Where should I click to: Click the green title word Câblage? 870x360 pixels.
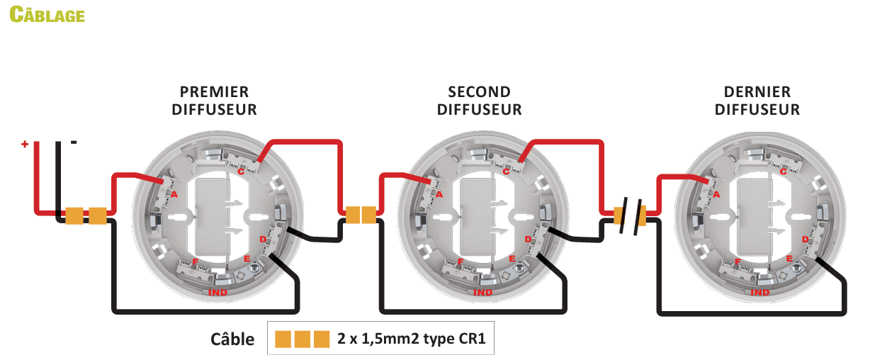(47, 14)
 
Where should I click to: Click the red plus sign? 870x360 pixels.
(25, 144)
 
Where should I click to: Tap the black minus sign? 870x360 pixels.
(74, 142)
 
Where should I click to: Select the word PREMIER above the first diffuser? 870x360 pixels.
(214, 92)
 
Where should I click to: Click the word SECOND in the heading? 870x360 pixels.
(479, 92)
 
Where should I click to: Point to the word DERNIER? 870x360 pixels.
(757, 92)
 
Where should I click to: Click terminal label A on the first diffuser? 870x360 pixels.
(174, 194)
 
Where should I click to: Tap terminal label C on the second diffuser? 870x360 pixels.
(506, 171)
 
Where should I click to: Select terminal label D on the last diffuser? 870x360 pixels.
(805, 240)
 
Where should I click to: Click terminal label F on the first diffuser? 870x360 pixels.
(196, 261)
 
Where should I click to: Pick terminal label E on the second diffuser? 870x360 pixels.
(512, 259)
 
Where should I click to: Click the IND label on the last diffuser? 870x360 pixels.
(759, 293)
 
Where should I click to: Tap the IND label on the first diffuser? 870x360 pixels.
(217, 293)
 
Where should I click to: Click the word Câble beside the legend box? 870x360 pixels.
(232, 339)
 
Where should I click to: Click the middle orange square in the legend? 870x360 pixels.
(303, 339)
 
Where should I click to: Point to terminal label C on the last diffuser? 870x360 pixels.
(783, 171)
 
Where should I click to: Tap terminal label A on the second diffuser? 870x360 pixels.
(439, 194)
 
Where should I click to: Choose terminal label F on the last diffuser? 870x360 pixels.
(738, 261)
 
